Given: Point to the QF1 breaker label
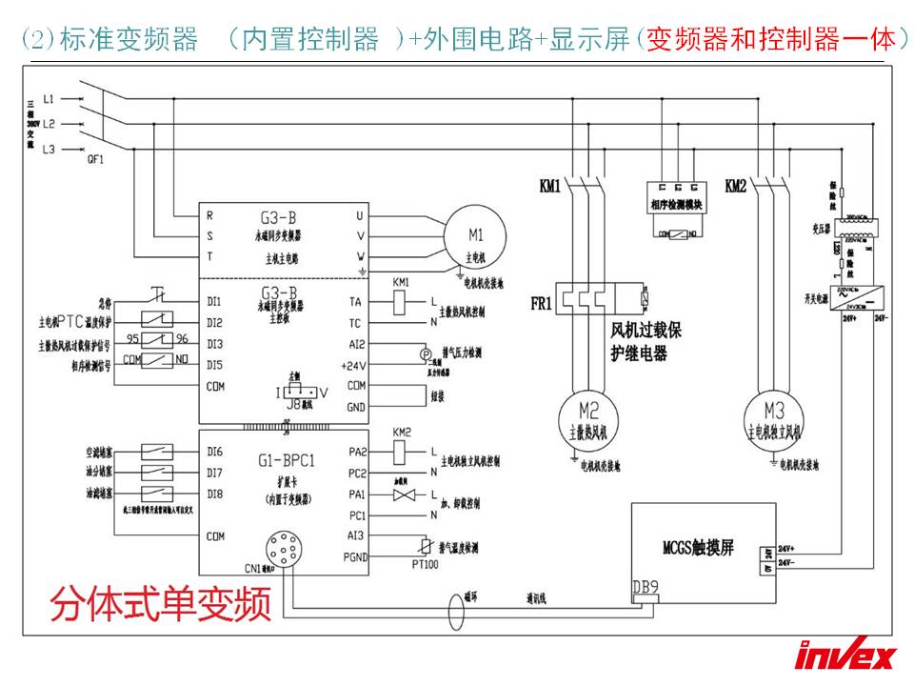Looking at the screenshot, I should [94, 160].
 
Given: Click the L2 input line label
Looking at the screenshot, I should [50, 124].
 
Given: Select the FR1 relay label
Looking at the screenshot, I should [539, 303].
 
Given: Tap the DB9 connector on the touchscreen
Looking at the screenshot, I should [646, 587].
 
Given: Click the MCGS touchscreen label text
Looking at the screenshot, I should [698, 548].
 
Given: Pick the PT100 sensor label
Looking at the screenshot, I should [425, 565].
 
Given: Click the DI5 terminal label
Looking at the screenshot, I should [214, 364].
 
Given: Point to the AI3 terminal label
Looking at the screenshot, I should [356, 535].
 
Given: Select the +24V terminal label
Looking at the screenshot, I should [353, 365].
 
